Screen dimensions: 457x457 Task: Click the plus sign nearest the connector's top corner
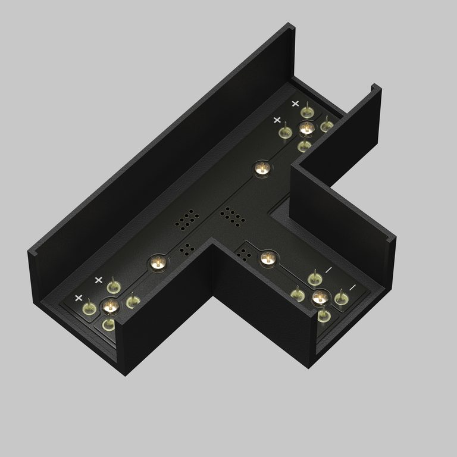(x=295, y=104)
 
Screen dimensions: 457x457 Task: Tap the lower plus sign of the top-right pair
(x=277, y=120)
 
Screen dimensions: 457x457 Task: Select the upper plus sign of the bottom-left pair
(x=99, y=279)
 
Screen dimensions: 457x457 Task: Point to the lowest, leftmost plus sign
(x=78, y=298)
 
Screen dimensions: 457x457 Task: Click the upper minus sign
(x=328, y=270)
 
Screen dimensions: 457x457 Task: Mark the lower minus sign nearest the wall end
(x=352, y=287)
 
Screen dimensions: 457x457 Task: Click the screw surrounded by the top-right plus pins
(x=306, y=128)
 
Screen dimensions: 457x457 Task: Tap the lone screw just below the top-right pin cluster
(x=261, y=169)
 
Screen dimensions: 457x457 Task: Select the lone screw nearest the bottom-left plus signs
(x=157, y=262)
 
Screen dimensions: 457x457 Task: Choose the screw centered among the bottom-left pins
(x=109, y=306)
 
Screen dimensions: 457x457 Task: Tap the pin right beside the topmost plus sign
(x=306, y=111)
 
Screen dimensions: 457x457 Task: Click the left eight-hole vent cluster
(x=187, y=220)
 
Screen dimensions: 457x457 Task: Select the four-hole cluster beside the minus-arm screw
(x=245, y=254)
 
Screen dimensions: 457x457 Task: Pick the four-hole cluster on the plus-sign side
(x=187, y=249)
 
